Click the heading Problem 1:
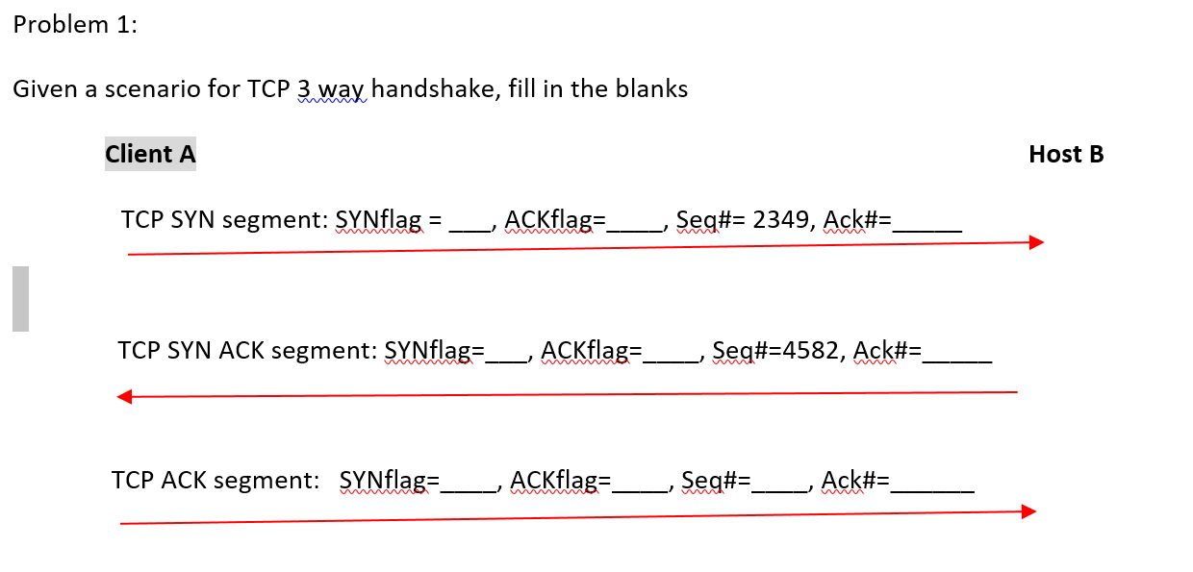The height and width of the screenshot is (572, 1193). pyautogui.click(x=75, y=25)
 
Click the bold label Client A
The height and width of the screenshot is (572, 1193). pyautogui.click(x=150, y=154)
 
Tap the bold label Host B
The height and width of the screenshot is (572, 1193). pyautogui.click(x=1066, y=154)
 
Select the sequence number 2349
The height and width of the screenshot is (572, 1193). pyautogui.click(x=780, y=220)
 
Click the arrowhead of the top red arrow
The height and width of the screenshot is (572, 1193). pyautogui.click(x=1035, y=242)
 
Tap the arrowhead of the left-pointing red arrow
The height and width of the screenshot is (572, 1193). pyautogui.click(x=124, y=396)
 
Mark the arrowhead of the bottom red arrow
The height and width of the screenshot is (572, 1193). pyautogui.click(x=1028, y=511)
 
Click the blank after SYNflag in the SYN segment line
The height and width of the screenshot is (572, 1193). pyautogui.click(x=470, y=227)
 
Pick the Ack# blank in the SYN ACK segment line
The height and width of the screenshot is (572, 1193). pyautogui.click(x=956, y=357)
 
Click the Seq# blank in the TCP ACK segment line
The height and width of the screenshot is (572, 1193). pyautogui.click(x=780, y=486)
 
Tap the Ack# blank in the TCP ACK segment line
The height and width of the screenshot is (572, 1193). pyautogui.click(x=932, y=486)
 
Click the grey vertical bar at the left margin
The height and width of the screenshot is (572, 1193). pyautogui.click(x=20, y=299)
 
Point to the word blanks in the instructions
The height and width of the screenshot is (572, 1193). pyautogui.click(x=651, y=89)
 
